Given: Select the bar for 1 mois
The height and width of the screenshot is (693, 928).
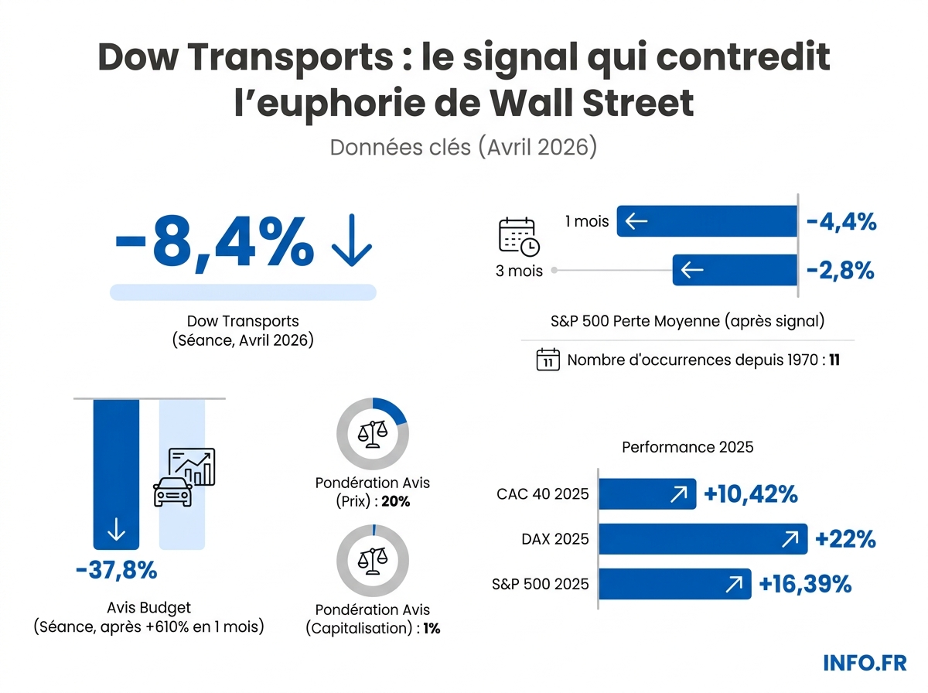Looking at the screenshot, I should coord(707,222).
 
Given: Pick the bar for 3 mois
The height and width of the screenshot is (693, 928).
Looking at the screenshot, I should coord(735,270).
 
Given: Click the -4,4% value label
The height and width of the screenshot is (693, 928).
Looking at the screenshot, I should coord(841,223).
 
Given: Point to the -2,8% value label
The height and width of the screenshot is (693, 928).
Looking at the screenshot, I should coord(841,271).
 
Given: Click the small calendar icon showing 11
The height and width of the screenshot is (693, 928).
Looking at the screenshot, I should coord(548,360).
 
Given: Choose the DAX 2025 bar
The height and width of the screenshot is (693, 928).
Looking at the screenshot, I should coord(702,539).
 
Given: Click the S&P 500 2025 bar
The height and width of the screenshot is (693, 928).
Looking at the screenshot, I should coord(674,584).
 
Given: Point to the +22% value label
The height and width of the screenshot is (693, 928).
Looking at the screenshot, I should coord(846,539).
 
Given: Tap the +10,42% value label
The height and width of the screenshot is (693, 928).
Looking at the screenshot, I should coord(751,494).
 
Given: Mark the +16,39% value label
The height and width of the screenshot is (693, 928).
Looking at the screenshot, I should coord(805,584).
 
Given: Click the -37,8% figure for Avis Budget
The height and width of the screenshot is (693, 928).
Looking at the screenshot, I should coord(117,572).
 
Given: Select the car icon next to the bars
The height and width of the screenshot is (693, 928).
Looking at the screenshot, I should coord(173,490).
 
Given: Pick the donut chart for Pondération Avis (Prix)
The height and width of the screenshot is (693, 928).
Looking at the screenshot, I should coord(372,434).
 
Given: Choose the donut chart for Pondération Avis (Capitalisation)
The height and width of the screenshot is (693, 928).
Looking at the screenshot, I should coord(372,561).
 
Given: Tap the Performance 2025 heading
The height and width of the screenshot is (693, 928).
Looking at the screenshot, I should coord(687,447).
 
